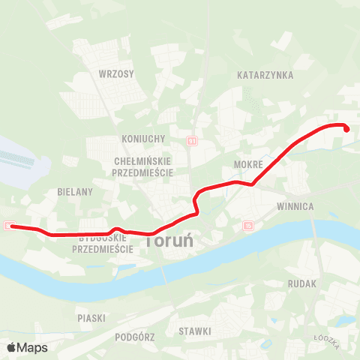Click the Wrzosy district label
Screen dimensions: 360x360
point(115,74)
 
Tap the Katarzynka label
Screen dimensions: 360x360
point(265,76)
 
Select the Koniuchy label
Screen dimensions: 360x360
point(142,139)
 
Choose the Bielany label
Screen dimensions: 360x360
point(75,192)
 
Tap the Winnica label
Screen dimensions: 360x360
point(294,205)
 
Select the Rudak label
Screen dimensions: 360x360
point(303,284)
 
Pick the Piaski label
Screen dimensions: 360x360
point(91,318)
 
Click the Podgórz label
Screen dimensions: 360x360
point(135,337)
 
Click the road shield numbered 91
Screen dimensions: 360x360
point(192,141)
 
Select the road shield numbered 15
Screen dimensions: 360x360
point(248,224)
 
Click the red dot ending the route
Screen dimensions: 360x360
point(347,129)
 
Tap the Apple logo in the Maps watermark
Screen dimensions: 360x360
point(11,347)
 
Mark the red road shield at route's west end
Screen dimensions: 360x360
point(7,225)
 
